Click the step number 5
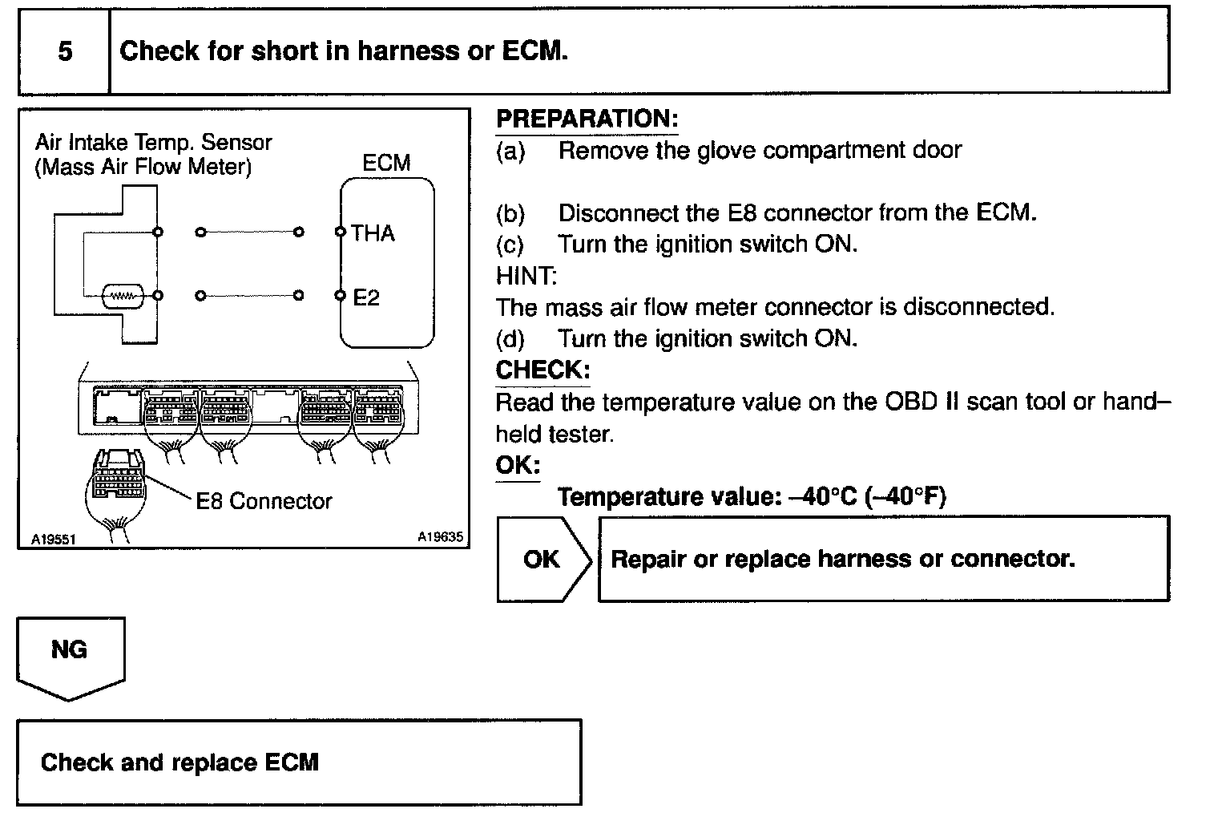pyautogui.click(x=65, y=51)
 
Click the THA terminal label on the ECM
pyautogui.click(x=373, y=233)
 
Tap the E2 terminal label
pyautogui.click(x=366, y=297)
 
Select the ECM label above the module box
pyautogui.click(x=386, y=164)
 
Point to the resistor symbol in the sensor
pyautogui.click(x=123, y=296)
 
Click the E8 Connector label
pyautogui.click(x=264, y=501)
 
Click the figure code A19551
pyautogui.click(x=53, y=540)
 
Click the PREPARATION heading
pyautogui.click(x=587, y=119)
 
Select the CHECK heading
pyautogui.click(x=542, y=370)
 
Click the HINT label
pyautogui.click(x=526, y=276)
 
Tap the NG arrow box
pyautogui.click(x=71, y=653)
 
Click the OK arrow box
pyautogui.click(x=542, y=559)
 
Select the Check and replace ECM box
pyautogui.click(x=299, y=762)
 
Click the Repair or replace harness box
pyautogui.click(x=883, y=559)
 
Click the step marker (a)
pyautogui.click(x=510, y=151)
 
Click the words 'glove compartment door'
pyautogui.click(x=829, y=150)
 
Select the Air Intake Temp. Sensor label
pyautogui.click(x=153, y=143)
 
